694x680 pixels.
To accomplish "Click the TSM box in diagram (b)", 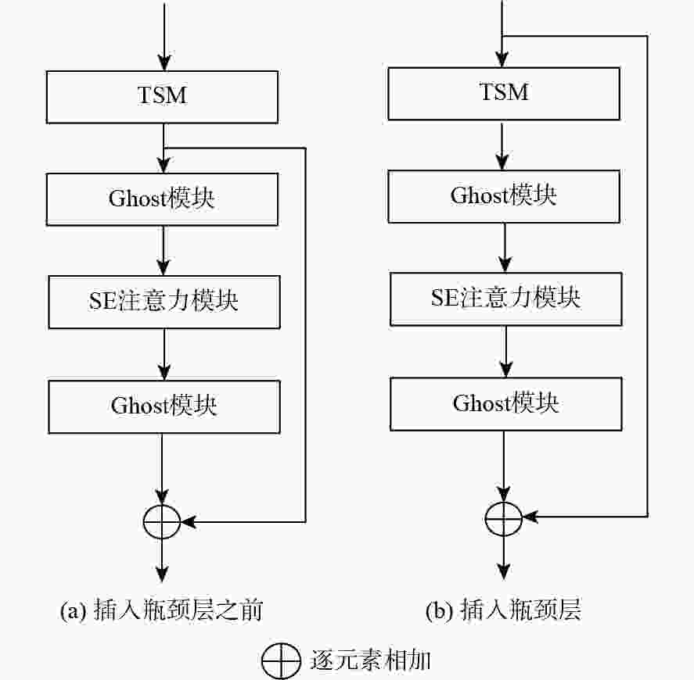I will pos(505,92).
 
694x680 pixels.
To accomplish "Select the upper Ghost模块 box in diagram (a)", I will pos(162,199).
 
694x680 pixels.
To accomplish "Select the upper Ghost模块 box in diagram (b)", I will pos(505,195).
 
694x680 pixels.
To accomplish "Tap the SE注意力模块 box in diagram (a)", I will pos(164,302).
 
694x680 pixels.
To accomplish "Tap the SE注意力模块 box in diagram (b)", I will pos(505,299).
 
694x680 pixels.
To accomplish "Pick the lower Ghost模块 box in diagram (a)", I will pos(164,406).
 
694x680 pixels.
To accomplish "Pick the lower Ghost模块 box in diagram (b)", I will pos(505,403).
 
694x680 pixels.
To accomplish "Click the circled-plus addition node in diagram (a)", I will pos(162,520).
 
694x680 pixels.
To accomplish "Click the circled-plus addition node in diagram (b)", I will pos(503,517).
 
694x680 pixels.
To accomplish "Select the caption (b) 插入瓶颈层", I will pos(503,610).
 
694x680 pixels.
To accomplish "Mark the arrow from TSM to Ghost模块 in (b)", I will pos(505,145).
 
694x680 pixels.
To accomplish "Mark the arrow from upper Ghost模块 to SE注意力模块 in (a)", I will pos(163,249).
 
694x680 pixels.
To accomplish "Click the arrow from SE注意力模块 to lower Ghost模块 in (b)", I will pos(505,351).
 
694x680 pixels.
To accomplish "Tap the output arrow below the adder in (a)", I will pos(162,559).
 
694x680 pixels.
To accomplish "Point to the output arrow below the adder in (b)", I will pos(503,557).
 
